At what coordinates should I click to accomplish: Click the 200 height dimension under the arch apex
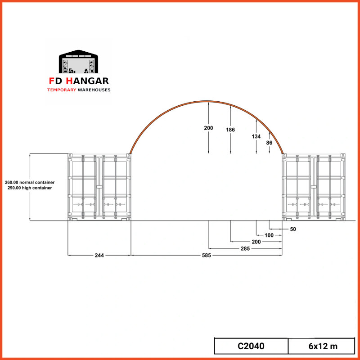208,128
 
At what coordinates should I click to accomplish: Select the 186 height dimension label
230,130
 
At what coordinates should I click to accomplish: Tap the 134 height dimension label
256,137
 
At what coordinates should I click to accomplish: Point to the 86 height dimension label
269,143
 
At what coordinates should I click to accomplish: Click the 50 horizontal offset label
293,229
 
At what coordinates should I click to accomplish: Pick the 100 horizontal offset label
269,235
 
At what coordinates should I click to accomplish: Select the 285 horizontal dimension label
245,249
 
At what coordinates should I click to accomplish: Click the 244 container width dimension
99,255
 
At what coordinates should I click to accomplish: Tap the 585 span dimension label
207,255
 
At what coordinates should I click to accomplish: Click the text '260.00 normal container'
30,183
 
